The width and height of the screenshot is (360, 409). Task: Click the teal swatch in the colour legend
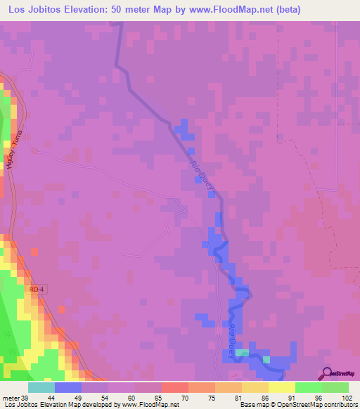pyautogui.click(x=41, y=387)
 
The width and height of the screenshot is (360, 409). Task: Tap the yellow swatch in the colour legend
pyautogui.click(x=281, y=387)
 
